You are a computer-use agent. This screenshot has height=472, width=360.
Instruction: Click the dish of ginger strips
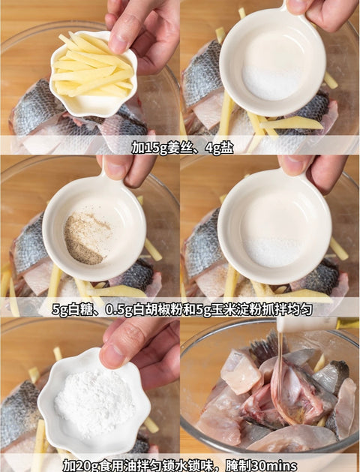(x=93, y=73)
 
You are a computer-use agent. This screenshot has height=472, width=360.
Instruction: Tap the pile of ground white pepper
(x=85, y=239)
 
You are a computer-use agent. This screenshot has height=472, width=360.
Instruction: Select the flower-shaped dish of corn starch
(x=94, y=404)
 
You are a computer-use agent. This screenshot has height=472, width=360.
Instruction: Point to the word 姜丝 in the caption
(x=178, y=148)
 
